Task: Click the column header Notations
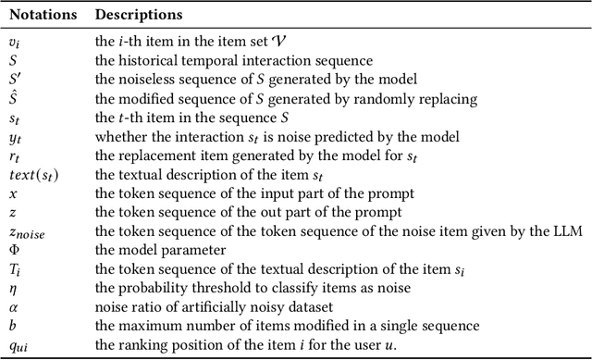point(40,16)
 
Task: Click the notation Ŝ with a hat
point(12,98)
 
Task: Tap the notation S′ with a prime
point(14,80)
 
